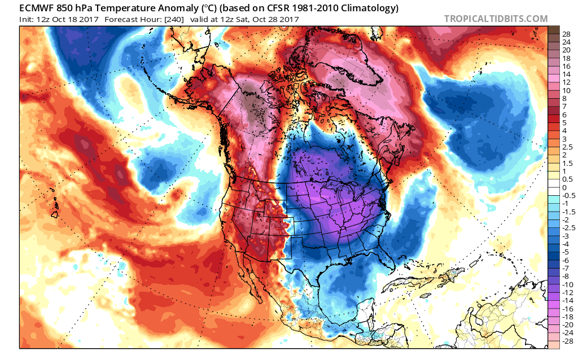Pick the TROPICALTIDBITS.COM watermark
(496, 19)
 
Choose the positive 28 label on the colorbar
(566, 34)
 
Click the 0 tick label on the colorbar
(564, 188)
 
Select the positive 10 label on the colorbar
(566, 90)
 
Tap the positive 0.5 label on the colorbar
(567, 179)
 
